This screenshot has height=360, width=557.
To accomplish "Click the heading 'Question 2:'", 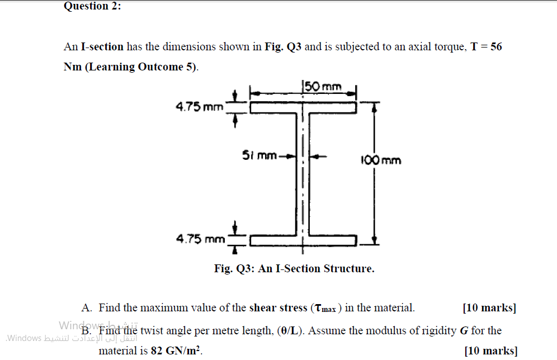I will (93, 6).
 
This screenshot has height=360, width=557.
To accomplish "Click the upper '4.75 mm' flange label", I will (199, 106).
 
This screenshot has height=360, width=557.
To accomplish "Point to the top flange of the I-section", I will (303, 106).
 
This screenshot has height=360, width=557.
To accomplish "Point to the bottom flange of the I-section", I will (303, 241).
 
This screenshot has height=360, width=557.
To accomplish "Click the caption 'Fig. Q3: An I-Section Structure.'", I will (294, 269).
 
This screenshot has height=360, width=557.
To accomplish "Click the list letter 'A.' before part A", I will (87, 308).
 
